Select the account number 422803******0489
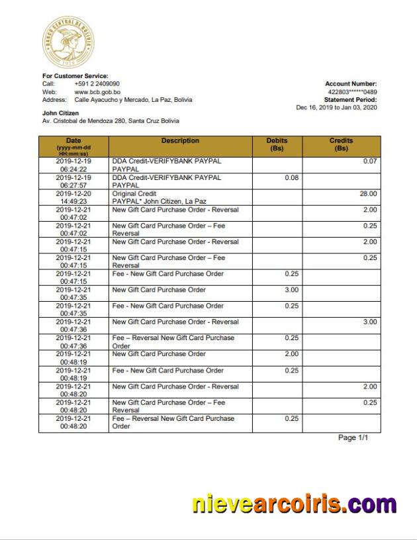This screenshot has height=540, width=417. tap(352, 92)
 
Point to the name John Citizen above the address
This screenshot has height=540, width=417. tap(60, 113)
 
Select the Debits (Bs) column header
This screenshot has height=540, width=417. tap(277, 144)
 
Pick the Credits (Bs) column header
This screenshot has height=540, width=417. tap(341, 144)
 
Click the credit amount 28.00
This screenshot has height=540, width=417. tap(368, 194)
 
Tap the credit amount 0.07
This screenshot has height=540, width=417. tap(370, 161)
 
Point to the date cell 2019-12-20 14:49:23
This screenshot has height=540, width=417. tap(73, 197)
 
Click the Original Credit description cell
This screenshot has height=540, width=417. tap(159, 197)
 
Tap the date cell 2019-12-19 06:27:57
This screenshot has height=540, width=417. tap(73, 181)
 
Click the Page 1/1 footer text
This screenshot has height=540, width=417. tap(353, 438)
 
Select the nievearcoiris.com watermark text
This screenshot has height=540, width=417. tap(294, 505)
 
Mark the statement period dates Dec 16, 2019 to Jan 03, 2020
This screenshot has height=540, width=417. tap(336, 108)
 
